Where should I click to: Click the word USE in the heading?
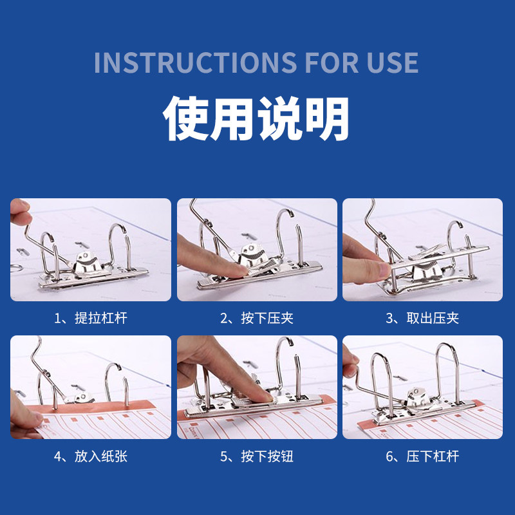(x=392, y=62)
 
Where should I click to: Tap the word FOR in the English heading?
(x=332, y=62)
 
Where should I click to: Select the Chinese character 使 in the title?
(x=186, y=118)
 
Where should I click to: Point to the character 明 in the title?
(x=326, y=118)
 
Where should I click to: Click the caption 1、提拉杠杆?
(x=91, y=318)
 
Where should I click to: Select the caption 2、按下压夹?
(x=257, y=318)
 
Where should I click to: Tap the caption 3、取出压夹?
(x=422, y=318)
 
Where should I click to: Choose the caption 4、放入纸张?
(x=91, y=456)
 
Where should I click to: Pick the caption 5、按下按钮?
(x=257, y=456)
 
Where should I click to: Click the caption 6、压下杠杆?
(x=422, y=456)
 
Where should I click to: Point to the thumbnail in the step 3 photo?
(x=383, y=270)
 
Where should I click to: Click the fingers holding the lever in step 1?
(x=20, y=212)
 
